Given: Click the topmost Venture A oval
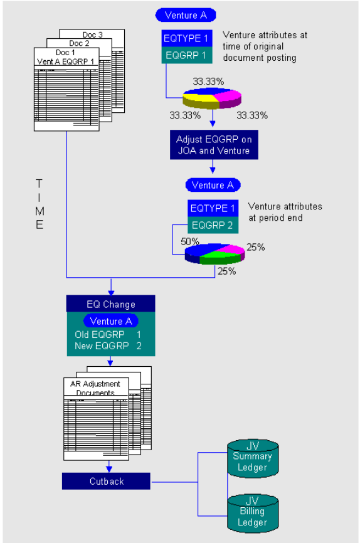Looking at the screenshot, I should click(x=185, y=15).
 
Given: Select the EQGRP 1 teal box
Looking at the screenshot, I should click(x=186, y=55).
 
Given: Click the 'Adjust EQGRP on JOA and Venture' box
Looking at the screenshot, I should click(x=213, y=144).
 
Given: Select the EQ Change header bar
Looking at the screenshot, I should click(x=110, y=304).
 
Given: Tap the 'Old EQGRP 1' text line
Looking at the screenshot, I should click(x=108, y=335).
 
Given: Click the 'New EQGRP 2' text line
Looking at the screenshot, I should click(x=108, y=345).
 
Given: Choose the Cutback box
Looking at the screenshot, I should click(x=105, y=482).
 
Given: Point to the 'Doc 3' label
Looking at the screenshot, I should click(x=92, y=34).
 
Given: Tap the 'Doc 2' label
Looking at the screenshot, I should click(x=80, y=43).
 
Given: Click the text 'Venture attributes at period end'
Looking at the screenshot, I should click(x=285, y=211).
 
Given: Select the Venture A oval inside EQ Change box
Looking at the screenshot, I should click(x=110, y=322).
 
